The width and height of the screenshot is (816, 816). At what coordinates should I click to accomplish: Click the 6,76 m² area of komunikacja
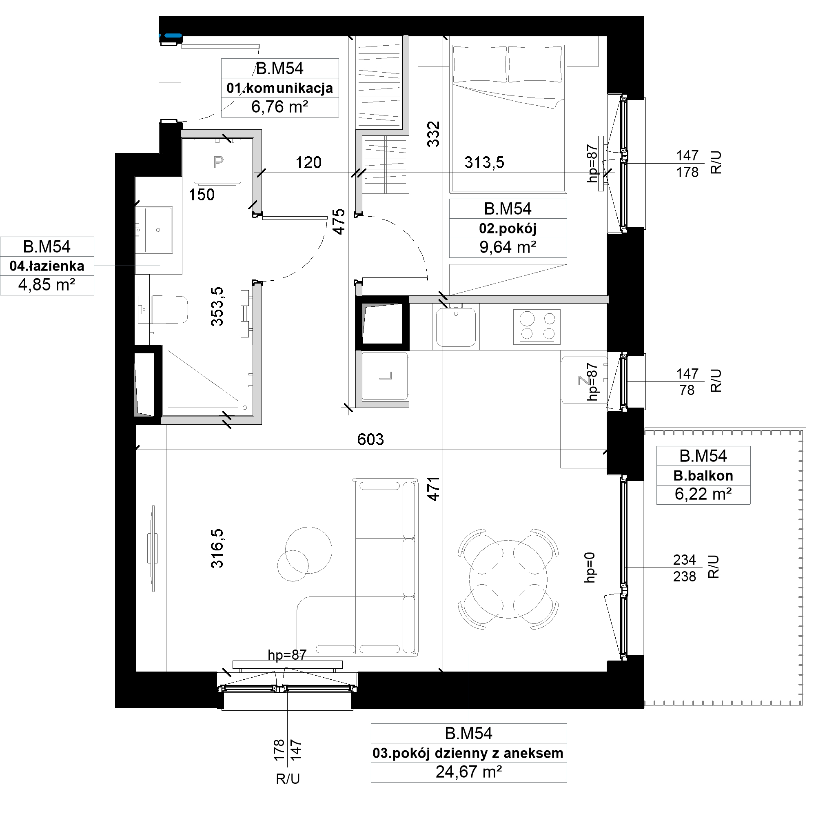coord(279,107)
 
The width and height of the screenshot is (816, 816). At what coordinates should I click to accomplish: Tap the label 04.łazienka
coord(47,266)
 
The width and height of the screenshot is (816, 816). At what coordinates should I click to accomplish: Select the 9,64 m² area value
coord(508,247)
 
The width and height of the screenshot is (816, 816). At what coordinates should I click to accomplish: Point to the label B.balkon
coord(703,476)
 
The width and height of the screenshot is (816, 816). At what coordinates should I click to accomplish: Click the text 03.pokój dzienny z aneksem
coord(468,753)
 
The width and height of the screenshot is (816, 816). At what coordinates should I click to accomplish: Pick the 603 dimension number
coord(370,440)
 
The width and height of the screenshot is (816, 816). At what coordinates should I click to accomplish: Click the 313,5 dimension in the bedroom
coord(484,162)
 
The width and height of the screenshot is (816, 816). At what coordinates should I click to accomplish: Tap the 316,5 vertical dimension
coord(217,548)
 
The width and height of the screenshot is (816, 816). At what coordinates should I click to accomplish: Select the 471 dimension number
coord(433,489)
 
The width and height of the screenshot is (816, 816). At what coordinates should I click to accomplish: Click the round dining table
coord(508,579)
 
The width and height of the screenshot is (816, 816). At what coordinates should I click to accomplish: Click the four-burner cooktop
coord(537,326)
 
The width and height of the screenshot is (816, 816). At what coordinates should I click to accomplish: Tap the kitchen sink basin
coord(456,327)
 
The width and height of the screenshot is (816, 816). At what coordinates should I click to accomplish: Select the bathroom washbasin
coord(158,230)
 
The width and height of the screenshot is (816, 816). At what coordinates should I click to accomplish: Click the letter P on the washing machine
coord(218,162)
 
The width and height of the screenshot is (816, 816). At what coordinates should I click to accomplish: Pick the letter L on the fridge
coord(386,375)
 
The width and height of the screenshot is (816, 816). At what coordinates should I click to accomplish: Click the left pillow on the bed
coord(479,64)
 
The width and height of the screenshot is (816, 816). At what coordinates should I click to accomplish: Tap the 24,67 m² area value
coord(469,772)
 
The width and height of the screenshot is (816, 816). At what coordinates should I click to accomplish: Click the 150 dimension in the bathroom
coord(202,195)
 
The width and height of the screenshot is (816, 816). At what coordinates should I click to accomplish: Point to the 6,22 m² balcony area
coord(703,494)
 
